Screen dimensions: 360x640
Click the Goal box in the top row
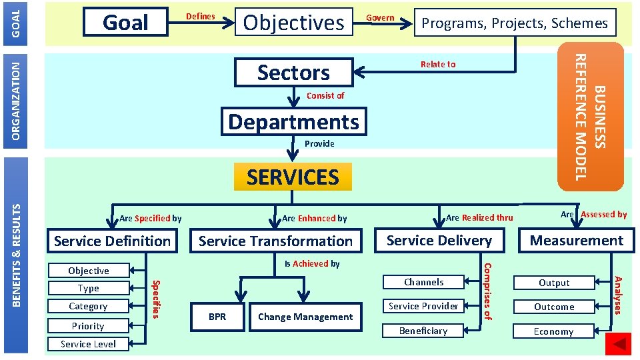coord(125,23)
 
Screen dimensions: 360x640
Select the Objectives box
coord(293,23)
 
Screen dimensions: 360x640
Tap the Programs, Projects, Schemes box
coord(514,23)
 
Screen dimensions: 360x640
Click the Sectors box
coord(293,72)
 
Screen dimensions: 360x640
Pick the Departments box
coord(293,122)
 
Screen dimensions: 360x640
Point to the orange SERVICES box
coord(293,177)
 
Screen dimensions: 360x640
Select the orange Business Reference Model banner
coord(591,117)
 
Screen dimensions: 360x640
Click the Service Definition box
coord(112,241)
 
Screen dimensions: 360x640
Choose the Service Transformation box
coord(275,241)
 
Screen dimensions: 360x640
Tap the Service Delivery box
coord(439,241)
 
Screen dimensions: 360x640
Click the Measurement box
coord(577,241)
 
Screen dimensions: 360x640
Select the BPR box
coord(217,317)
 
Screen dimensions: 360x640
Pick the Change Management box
coord(305,317)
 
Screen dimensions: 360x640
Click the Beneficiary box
coord(423,331)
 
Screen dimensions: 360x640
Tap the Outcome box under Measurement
coord(554,307)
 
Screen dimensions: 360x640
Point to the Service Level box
coord(88,344)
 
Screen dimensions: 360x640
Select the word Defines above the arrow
coord(200,16)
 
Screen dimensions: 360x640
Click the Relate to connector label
coord(438,64)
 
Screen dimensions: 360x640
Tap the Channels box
coord(423,282)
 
